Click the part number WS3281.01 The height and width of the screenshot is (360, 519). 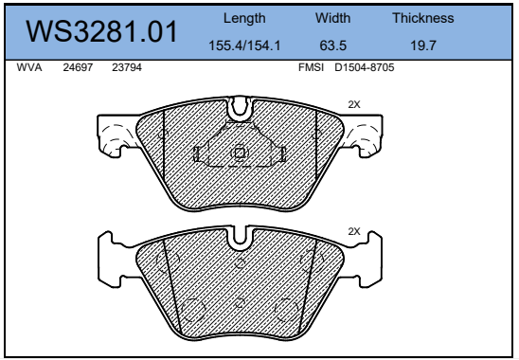(x=101, y=32)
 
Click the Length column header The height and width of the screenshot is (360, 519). (x=244, y=18)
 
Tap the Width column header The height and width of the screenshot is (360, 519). (x=332, y=18)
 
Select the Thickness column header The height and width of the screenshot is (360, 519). (x=423, y=18)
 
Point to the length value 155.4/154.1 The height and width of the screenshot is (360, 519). (x=244, y=45)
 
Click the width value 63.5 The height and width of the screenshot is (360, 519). (x=333, y=45)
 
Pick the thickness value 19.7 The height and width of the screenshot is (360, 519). (x=423, y=45)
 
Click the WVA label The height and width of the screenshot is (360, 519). (x=29, y=67)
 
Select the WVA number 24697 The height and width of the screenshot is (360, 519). (x=78, y=67)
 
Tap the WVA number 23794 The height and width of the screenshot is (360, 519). (x=127, y=67)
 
